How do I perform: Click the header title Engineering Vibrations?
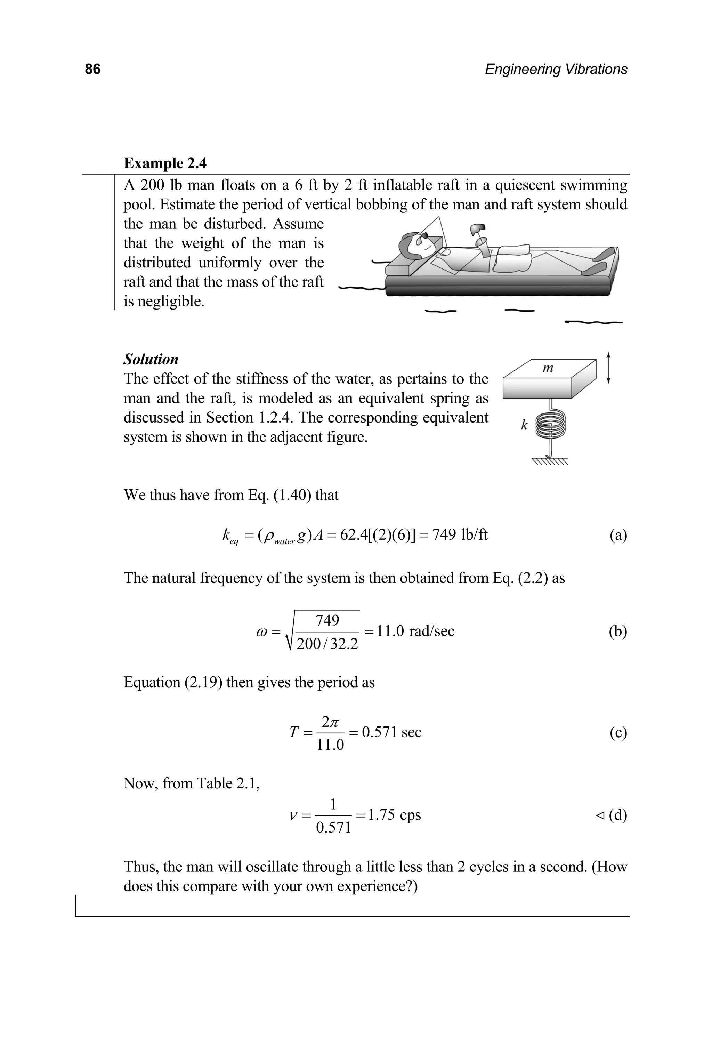pos(556,69)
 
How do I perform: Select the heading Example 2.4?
pos(165,163)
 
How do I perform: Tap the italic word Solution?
pos(151,359)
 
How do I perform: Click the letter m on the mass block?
pos(548,368)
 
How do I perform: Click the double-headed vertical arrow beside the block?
pos(608,368)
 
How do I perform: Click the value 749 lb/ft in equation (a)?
pos(460,535)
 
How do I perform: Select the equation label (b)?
pos(617,631)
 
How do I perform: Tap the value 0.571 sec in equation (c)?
pos(391,732)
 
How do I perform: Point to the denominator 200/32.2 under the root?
pos(327,644)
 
